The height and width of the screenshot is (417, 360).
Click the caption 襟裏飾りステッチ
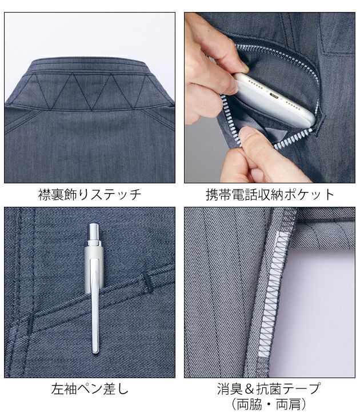[x=89, y=194]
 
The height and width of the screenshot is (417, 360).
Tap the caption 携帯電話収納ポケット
[x=270, y=194]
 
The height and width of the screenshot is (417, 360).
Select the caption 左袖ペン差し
[x=89, y=390]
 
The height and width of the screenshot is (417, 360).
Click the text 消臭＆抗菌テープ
[x=270, y=389]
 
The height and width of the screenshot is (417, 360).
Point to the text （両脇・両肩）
[x=270, y=405]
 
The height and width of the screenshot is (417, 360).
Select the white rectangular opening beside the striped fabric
[x=320, y=308]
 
